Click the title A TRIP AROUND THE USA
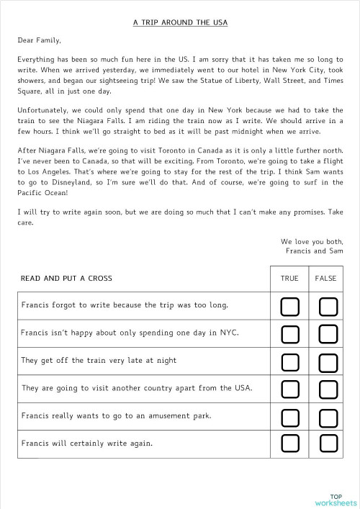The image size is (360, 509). click(180, 22)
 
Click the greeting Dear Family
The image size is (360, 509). click(40, 40)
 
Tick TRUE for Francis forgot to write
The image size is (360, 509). click(289, 307)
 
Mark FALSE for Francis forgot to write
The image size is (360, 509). click(328, 307)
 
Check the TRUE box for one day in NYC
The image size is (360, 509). click(289, 334)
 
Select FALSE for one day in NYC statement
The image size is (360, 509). click(328, 334)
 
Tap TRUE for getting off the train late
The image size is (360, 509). click(289, 361)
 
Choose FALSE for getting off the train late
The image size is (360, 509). click(328, 361)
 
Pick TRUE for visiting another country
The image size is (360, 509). click(289, 389)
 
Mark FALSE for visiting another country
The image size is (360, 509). click(328, 389)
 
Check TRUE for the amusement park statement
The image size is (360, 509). click(289, 416)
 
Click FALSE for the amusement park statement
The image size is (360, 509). click(328, 416)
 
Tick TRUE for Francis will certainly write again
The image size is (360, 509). click(289, 443)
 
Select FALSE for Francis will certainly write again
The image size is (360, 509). click(328, 443)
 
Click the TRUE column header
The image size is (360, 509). click(289, 278)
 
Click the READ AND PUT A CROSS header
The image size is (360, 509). click(66, 278)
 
